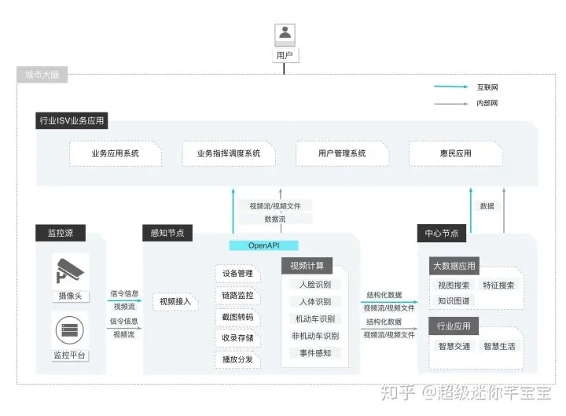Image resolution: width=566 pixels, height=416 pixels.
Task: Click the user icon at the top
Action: click(284, 34)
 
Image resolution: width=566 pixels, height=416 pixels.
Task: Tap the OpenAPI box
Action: click(264, 245)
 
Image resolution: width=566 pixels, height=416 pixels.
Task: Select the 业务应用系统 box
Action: click(116, 153)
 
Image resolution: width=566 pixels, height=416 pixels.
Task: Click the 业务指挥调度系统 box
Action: click(229, 153)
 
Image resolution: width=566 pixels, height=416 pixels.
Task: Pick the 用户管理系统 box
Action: click(342, 153)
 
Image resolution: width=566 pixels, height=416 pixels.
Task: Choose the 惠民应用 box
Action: click(456, 153)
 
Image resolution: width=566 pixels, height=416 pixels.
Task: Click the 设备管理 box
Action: click(237, 274)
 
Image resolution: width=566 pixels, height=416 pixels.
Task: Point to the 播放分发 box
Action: click(237, 359)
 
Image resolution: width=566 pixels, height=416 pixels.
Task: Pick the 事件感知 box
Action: click(314, 353)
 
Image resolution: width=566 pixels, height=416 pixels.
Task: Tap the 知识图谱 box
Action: click(454, 300)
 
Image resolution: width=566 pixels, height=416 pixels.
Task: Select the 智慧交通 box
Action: click(454, 346)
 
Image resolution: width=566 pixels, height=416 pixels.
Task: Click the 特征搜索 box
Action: click(499, 285)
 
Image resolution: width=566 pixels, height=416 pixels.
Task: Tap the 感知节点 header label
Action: click(167, 233)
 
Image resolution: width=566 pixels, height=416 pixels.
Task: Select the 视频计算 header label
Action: click(307, 265)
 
